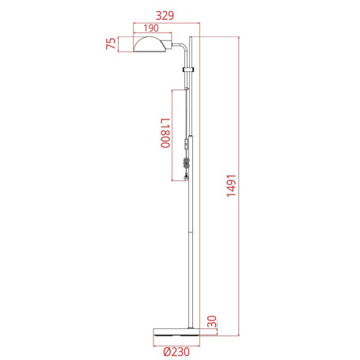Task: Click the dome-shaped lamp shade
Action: (150, 44)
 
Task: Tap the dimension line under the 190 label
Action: (150, 35)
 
